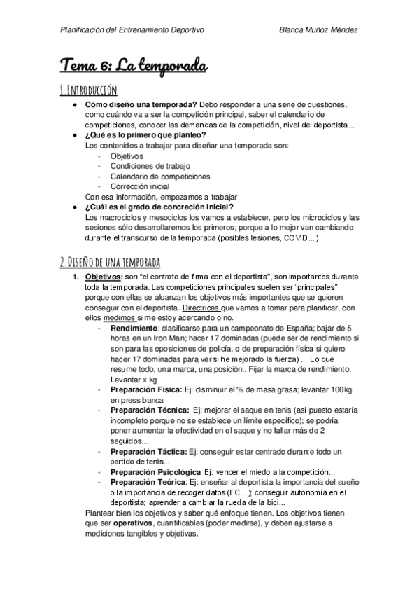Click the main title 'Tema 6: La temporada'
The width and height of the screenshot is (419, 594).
[x=134, y=67]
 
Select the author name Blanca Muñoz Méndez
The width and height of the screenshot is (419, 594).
[x=318, y=30]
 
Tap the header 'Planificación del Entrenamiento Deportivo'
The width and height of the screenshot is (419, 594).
[x=132, y=30]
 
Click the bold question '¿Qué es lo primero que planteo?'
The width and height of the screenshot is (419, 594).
[x=145, y=135]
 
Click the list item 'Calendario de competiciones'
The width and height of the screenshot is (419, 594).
[x=160, y=177]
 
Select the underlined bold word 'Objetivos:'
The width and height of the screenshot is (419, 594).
[x=104, y=277]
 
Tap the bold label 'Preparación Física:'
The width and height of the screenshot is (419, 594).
[x=145, y=389]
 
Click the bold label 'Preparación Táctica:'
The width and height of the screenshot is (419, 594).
[x=148, y=451]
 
